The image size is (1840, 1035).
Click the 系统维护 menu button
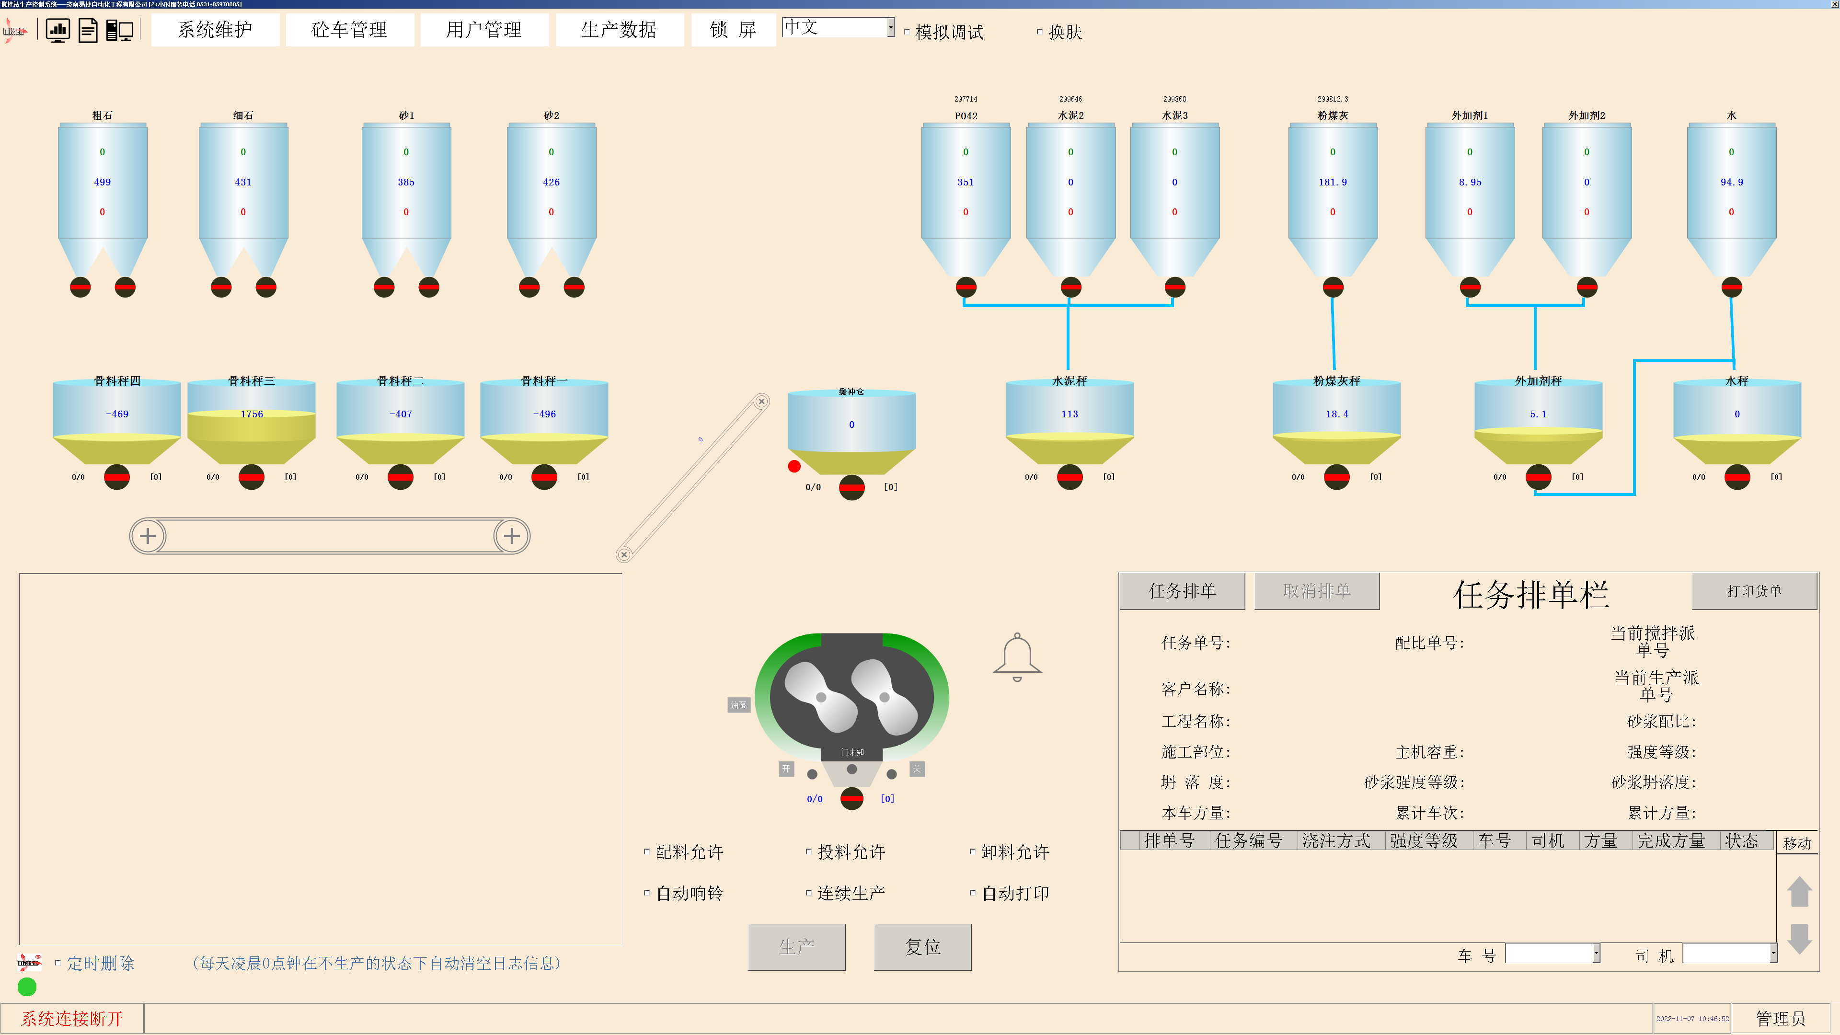point(215,30)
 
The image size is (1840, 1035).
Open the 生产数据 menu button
point(619,30)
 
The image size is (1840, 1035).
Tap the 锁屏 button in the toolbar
point(733,30)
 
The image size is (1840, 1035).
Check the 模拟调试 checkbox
point(907,32)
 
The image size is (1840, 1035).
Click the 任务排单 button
point(1182,591)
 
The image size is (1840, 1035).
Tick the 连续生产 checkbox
point(808,892)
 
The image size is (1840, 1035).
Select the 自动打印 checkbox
point(972,892)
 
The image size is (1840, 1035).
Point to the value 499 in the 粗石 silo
point(102,182)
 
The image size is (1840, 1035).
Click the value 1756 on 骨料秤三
point(252,414)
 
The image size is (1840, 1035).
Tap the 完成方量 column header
point(1671,841)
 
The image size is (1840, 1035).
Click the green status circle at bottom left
point(27,987)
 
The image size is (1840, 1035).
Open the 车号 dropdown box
point(1596,954)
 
